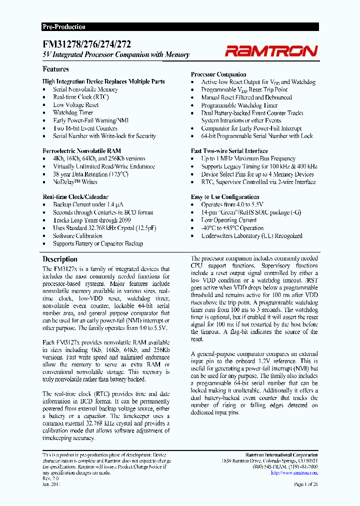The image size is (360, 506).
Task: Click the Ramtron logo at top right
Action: click(x=270, y=50)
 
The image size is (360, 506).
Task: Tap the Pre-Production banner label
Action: click(x=63, y=27)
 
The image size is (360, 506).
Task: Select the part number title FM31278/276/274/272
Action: click(x=86, y=44)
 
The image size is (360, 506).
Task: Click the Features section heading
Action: click(x=55, y=69)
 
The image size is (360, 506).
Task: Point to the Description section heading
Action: click(x=60, y=259)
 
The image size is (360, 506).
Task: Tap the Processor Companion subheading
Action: click(x=218, y=74)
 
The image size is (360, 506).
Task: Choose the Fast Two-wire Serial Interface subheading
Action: click(x=229, y=150)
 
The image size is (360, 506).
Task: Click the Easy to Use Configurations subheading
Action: click(x=225, y=197)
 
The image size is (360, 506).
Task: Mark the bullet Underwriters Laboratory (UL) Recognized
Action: click(x=251, y=235)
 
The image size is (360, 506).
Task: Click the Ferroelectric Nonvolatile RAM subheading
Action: click(x=81, y=150)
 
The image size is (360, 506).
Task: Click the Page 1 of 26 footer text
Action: click(x=305, y=484)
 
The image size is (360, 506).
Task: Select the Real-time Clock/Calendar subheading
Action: click(x=75, y=197)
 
